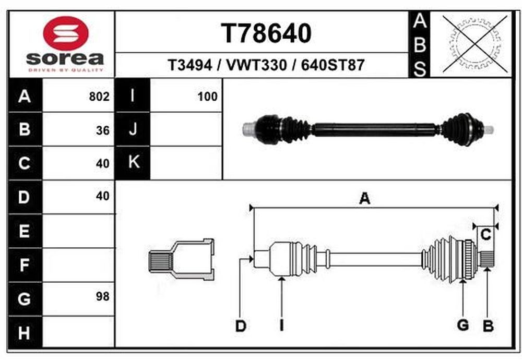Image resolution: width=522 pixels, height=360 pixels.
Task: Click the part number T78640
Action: point(266,33)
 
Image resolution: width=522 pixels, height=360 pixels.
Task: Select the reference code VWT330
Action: point(256,65)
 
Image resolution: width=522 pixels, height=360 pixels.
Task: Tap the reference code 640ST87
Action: point(333,65)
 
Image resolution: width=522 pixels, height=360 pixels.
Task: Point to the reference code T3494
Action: point(190,65)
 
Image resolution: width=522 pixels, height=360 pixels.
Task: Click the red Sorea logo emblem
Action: point(66,33)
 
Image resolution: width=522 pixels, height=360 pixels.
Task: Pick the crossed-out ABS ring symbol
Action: point(476,44)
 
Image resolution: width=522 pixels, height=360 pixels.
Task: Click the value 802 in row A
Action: point(99,97)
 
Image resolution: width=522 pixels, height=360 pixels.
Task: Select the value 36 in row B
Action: point(103,130)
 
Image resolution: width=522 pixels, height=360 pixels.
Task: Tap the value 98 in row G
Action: point(103,296)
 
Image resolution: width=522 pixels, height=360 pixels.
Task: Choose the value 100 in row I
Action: point(207,97)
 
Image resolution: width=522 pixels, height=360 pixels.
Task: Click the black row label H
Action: point(25,332)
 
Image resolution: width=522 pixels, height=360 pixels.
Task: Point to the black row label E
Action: point(25,231)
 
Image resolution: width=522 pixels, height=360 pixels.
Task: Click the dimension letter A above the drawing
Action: point(365,199)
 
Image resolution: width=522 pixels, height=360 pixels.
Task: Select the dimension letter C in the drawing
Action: point(485,235)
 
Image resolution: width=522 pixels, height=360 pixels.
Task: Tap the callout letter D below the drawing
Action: point(241,326)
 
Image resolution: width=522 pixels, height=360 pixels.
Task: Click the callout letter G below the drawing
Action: point(463,325)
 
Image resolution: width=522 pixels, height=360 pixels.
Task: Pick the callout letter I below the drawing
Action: point(282,326)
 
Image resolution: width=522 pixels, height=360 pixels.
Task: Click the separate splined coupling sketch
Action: point(181,259)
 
